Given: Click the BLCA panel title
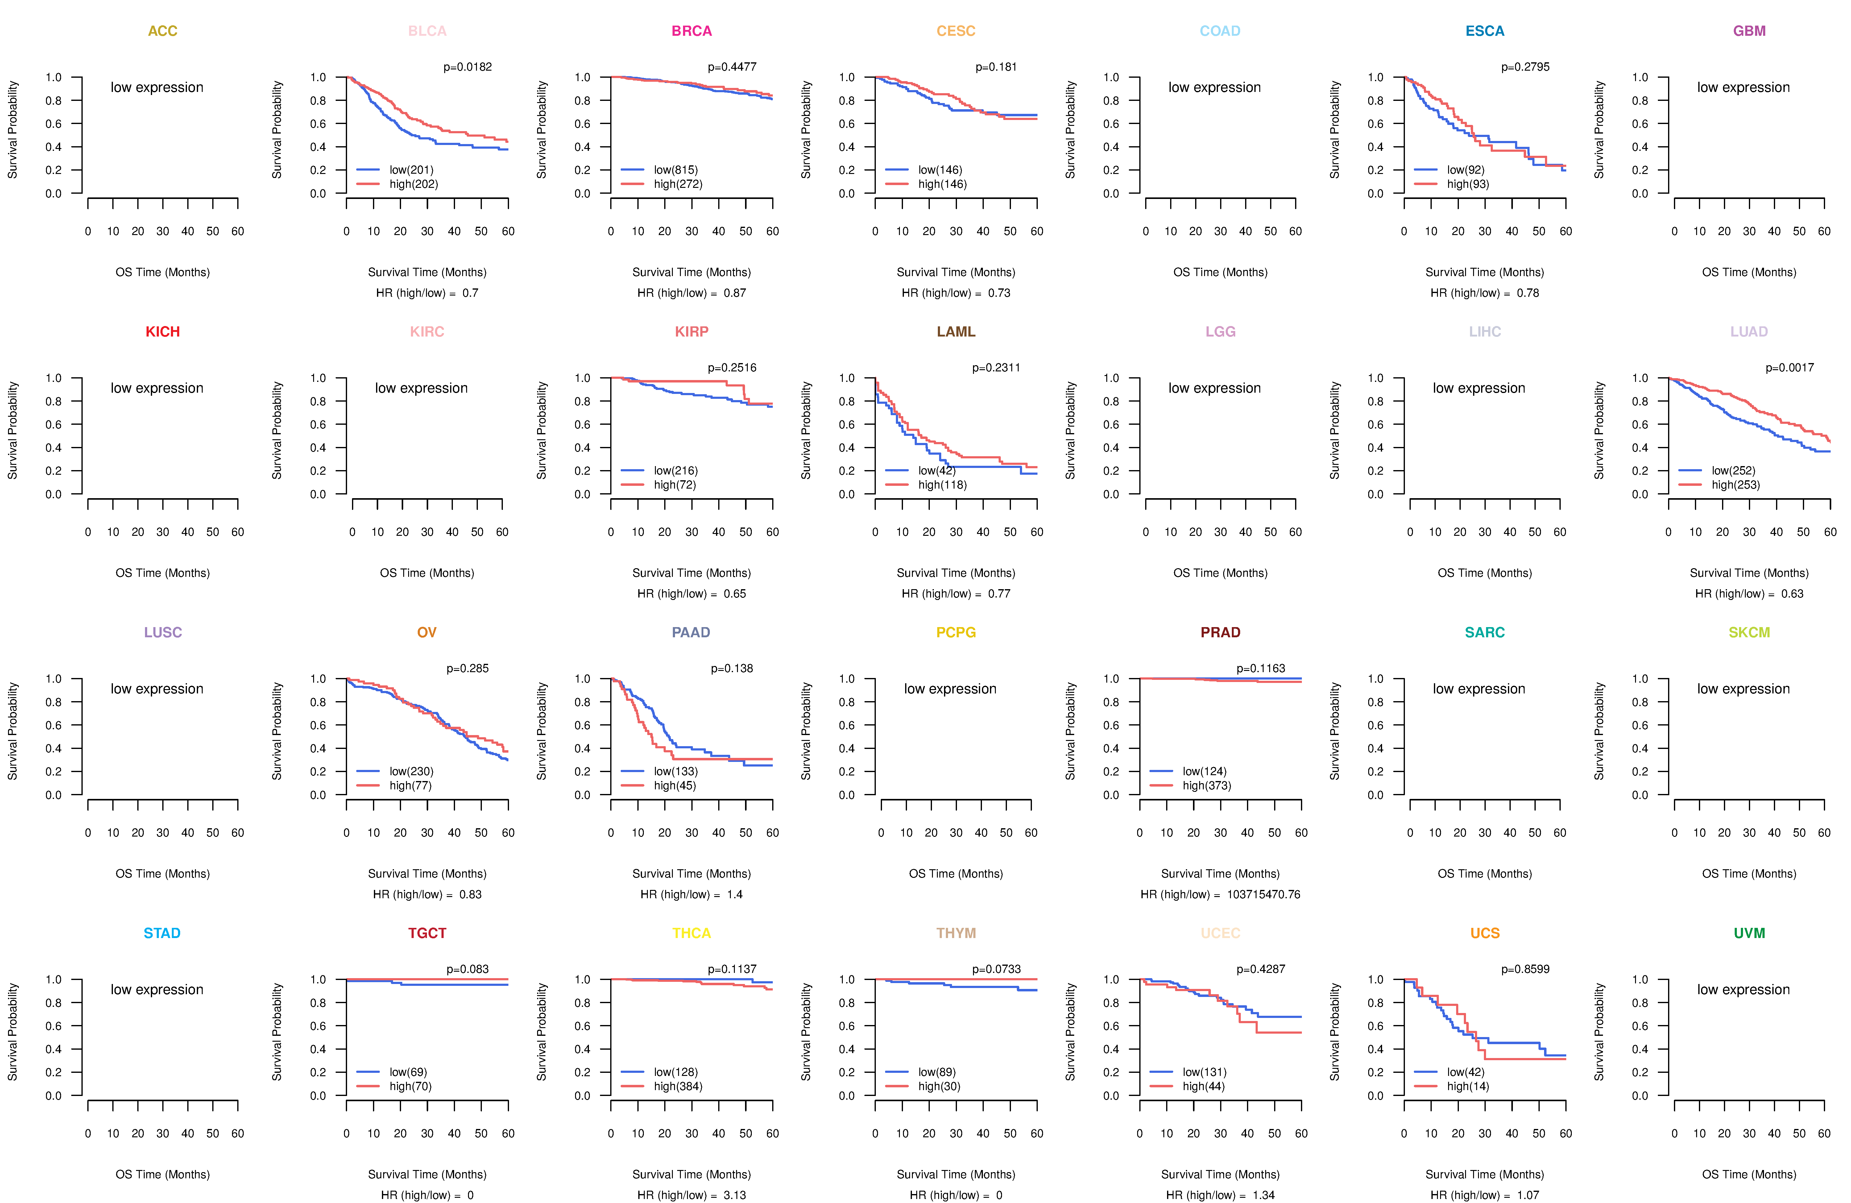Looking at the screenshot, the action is tap(427, 31).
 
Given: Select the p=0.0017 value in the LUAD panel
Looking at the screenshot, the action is tap(1790, 368).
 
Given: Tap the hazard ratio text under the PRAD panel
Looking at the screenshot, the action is tap(1220, 894).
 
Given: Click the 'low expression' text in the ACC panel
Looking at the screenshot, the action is tap(157, 87).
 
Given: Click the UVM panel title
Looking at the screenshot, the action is tap(1749, 933).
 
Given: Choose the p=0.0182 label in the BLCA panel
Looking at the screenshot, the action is tap(467, 67).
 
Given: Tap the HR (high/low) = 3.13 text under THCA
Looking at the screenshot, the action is tap(691, 1195).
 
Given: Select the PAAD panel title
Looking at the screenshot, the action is tap(691, 632).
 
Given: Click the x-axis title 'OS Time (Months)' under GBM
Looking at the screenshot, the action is tap(1749, 272).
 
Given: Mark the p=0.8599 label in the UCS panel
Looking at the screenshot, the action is tap(1525, 969).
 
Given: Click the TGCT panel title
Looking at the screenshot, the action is tap(427, 933).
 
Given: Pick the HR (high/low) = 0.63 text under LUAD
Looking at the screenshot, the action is tap(1749, 593).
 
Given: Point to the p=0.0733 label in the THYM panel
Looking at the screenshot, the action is tap(996, 969).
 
